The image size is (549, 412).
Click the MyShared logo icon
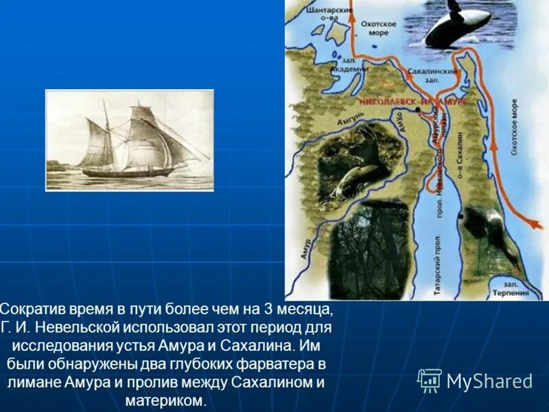(x=430, y=380)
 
